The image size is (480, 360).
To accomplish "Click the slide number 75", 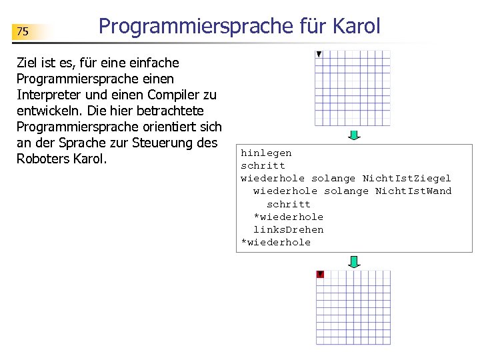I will coord(23,31).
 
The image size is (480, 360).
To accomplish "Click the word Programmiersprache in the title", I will coord(195,26).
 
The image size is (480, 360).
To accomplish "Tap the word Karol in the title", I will coord(353,26).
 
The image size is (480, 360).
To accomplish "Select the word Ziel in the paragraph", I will coord(28,63).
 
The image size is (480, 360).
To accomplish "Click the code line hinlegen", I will coord(266,153).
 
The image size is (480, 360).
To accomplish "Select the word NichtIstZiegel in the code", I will coord(407,178).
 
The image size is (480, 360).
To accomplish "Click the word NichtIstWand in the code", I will coord(413,191).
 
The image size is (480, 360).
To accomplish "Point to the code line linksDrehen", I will coord(288,229).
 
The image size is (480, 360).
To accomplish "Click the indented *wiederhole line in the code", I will coord(288,217).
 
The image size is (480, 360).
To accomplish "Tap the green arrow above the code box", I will coord(355,135).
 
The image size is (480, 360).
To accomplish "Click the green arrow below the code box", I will coord(355,261).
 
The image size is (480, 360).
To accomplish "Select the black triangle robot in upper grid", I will coord(319,54).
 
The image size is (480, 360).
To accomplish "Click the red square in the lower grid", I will coord(320,274).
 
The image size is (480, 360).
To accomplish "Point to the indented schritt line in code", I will coord(289,204).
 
